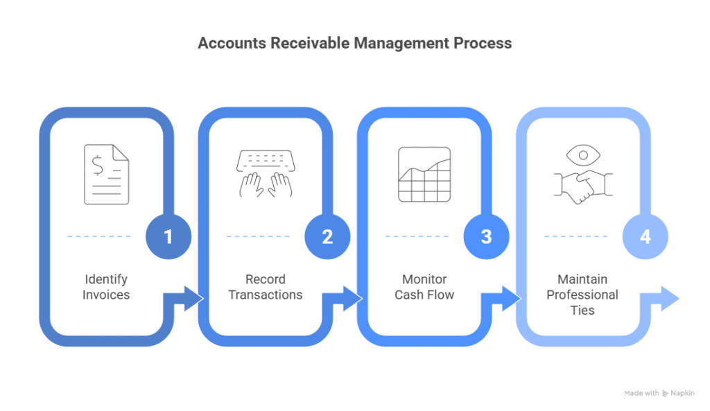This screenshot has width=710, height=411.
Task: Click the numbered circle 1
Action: pyautogui.click(x=168, y=236)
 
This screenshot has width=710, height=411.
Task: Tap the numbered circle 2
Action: pyautogui.click(x=327, y=236)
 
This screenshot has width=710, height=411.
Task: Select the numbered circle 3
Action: pyautogui.click(x=486, y=236)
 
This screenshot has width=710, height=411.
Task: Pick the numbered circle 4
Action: pyautogui.click(x=646, y=236)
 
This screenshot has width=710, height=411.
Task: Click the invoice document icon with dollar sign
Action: pyautogui.click(x=106, y=174)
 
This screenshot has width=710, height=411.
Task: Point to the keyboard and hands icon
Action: pyautogui.click(x=266, y=174)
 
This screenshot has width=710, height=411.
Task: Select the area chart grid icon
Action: pyautogui.click(x=424, y=174)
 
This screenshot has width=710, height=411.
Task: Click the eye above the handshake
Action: pyautogui.click(x=584, y=153)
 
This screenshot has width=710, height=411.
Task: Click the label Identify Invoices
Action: pyautogui.click(x=106, y=287)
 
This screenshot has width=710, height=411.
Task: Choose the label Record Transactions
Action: pyautogui.click(x=266, y=287)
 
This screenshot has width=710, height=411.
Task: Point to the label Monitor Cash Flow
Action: pyautogui.click(x=424, y=287)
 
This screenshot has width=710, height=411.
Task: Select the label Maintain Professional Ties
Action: pyautogui.click(x=582, y=295)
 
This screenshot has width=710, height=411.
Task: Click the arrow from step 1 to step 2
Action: pyautogui.click(x=187, y=299)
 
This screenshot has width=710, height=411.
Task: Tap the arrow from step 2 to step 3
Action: pyautogui.click(x=347, y=299)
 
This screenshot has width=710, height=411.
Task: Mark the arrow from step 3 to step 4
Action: pyautogui.click(x=505, y=299)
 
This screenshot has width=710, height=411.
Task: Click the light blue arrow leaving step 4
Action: pyautogui.click(x=664, y=299)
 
